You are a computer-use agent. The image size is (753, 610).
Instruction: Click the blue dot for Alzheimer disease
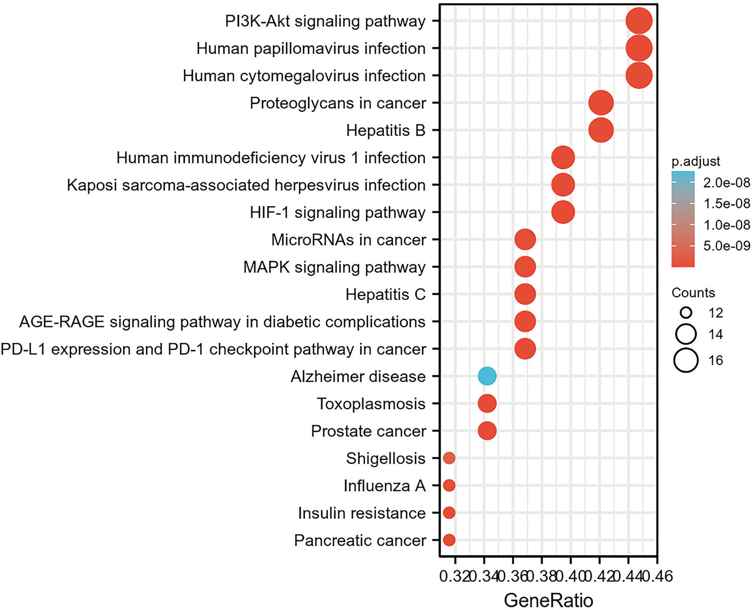click(x=487, y=376)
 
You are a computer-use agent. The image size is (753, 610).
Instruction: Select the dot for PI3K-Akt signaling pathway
click(x=639, y=21)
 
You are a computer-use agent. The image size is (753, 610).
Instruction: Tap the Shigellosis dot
click(x=449, y=458)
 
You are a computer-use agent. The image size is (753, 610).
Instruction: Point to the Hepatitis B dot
click(x=600, y=131)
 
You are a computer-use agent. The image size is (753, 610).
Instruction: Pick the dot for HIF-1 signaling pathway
click(x=563, y=212)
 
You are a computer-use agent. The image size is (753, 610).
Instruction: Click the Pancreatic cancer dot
click(x=449, y=540)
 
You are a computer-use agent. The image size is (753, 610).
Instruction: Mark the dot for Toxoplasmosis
click(x=487, y=403)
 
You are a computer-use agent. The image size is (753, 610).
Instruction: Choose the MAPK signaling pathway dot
click(x=525, y=267)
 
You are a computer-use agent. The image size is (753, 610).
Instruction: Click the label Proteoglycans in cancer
click(x=338, y=103)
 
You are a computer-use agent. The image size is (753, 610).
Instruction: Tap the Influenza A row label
click(x=385, y=485)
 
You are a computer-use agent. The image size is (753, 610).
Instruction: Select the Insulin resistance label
click(x=361, y=513)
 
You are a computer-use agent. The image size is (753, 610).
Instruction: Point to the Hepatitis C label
click(x=386, y=294)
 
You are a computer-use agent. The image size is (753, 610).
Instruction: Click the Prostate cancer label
click(x=368, y=431)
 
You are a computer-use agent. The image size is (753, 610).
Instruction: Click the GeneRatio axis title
click(x=548, y=600)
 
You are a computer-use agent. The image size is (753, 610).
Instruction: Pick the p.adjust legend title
click(x=696, y=161)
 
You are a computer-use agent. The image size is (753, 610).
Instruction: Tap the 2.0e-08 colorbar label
click(x=726, y=182)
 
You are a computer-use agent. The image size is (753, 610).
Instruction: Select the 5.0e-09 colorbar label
click(x=726, y=246)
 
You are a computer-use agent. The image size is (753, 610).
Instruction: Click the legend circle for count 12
click(x=686, y=313)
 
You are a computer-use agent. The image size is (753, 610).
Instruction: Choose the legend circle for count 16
click(x=686, y=360)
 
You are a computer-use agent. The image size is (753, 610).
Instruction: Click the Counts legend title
click(x=693, y=293)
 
